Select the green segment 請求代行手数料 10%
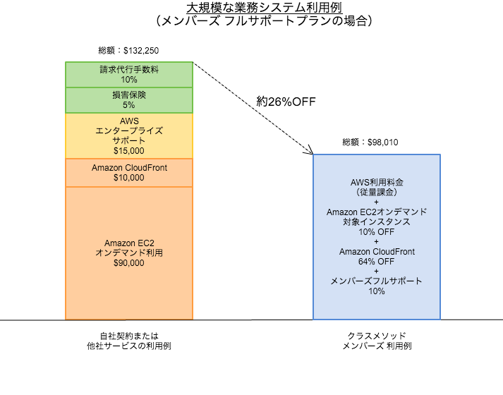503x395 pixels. click(128, 74)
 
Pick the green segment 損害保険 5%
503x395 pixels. click(128, 99)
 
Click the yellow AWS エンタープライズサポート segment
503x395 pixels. click(128, 135)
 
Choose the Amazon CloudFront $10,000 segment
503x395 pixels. click(128, 173)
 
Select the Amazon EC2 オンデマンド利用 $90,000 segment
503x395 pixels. click(128, 253)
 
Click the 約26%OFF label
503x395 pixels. click(285, 102)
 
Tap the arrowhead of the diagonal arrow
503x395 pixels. click(310, 151)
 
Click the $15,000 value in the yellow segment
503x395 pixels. click(128, 150)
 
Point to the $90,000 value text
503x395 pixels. click(128, 263)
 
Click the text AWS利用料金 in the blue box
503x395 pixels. click(377, 182)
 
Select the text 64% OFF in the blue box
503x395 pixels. click(377, 262)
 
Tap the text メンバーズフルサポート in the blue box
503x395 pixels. click(377, 281)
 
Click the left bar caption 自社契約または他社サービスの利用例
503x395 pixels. click(128, 341)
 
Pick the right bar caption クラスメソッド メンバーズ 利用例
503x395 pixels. click(377, 341)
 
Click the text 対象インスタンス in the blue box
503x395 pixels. click(377, 221)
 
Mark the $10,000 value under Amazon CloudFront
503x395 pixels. click(128, 178)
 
